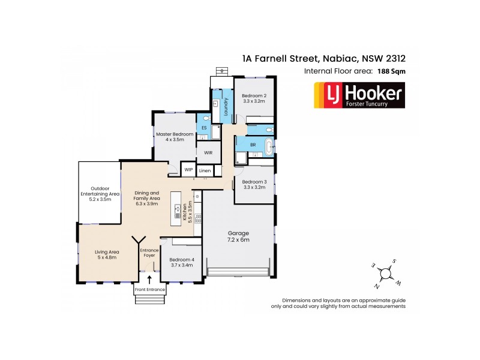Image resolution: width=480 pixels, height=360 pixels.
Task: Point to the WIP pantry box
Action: [x=188, y=170]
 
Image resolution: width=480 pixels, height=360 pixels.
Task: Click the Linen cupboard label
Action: [x=205, y=171]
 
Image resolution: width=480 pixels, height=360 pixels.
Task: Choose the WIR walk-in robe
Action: [x=208, y=153]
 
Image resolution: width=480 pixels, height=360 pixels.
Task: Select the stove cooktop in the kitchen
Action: [x=198, y=219]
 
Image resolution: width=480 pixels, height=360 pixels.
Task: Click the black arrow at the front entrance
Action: [x=149, y=278]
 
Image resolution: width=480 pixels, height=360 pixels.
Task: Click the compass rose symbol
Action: [x=385, y=273]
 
